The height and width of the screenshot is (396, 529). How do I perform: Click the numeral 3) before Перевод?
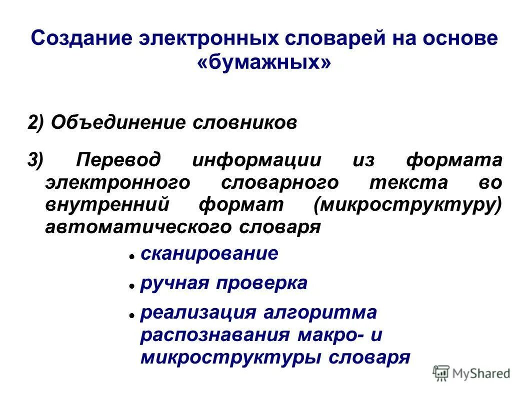click(x=36, y=161)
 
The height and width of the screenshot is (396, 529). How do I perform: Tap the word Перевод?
click(x=119, y=161)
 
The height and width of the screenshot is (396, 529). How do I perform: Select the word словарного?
click(x=279, y=183)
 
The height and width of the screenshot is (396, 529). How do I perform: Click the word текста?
click(x=408, y=183)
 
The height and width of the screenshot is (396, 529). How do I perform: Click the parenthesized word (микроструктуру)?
click(x=407, y=205)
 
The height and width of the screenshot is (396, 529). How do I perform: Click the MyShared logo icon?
click(x=441, y=373)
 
